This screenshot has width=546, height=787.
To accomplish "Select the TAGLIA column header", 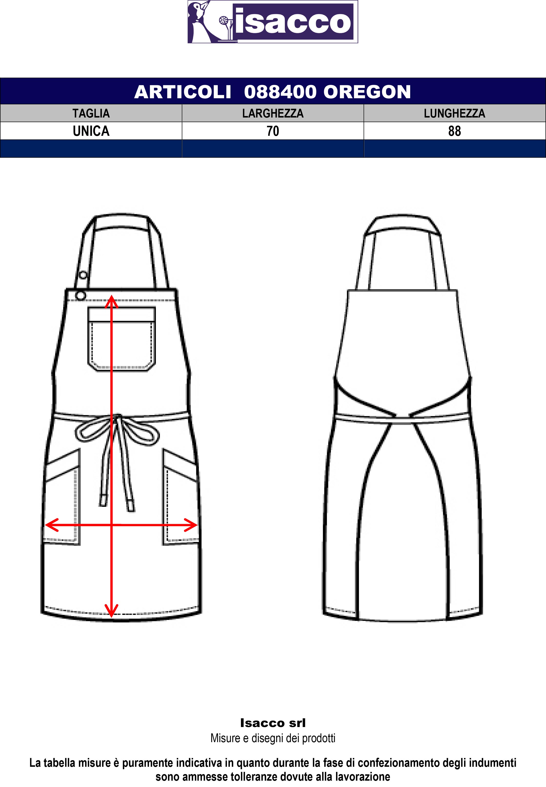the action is tap(91, 113).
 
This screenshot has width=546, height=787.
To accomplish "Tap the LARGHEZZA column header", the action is tap(273, 113).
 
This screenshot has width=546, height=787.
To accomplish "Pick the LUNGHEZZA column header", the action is tap(454, 113).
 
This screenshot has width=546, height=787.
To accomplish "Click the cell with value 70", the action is tap(273, 131).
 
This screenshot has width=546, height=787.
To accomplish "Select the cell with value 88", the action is tap(454, 131).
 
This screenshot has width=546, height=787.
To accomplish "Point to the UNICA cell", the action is tap(91, 131).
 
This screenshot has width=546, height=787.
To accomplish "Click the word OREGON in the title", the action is tap(367, 92).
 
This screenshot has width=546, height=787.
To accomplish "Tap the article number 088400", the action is tap(280, 92).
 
